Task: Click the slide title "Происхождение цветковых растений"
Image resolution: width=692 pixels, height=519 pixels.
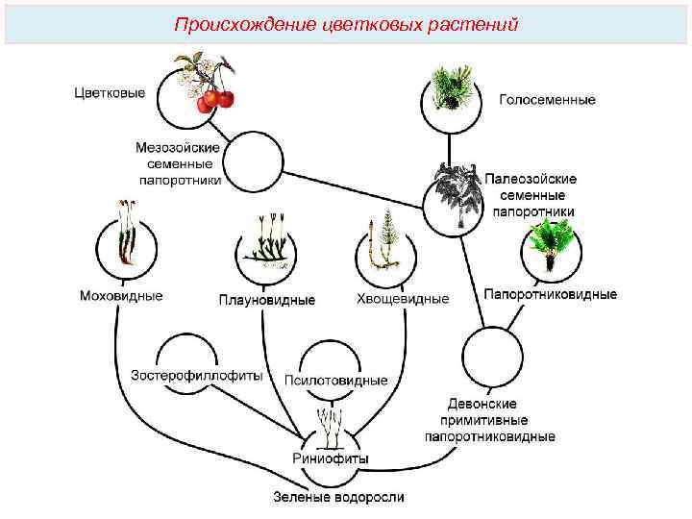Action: [x=346, y=23]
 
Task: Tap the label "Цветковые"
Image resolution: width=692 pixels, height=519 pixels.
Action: [x=111, y=93]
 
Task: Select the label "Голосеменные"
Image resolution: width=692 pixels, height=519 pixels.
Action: [x=547, y=99]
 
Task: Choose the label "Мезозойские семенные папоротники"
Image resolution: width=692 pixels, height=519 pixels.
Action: [x=180, y=163]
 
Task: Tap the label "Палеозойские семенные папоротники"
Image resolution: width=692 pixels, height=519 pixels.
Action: [x=530, y=195]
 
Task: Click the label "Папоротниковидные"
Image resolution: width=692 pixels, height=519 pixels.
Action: [x=550, y=295]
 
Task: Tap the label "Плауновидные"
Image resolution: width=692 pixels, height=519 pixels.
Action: [x=266, y=300]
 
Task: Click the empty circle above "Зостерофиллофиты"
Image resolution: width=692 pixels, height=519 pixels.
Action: [x=188, y=352]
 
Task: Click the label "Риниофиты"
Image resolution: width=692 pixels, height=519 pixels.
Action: [x=330, y=459]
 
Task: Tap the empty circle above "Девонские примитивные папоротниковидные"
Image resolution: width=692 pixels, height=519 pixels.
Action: [x=491, y=357]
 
